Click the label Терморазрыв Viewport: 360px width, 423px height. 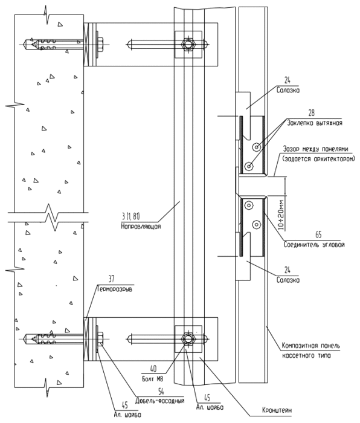click(x=115, y=289)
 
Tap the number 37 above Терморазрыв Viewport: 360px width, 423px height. click(x=112, y=279)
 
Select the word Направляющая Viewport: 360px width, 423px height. click(x=141, y=227)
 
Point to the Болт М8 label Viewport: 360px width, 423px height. click(x=153, y=379)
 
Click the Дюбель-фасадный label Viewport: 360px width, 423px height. click(x=160, y=400)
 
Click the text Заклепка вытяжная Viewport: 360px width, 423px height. click(x=315, y=123)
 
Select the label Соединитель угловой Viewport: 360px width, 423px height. click(x=314, y=244)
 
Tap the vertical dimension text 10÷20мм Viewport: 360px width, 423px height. click(x=281, y=215)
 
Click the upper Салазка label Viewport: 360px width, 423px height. click(x=288, y=90)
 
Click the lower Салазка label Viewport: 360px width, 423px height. click(x=288, y=280)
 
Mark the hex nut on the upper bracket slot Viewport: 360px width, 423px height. click(x=188, y=44)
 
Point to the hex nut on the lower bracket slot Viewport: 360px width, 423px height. click(x=188, y=338)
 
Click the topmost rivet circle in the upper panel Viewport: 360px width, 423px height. click(x=256, y=147)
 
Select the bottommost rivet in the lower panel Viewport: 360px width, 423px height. click(x=256, y=224)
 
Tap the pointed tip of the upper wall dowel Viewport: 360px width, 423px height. click(x=24, y=44)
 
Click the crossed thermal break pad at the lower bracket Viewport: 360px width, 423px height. click(x=86, y=339)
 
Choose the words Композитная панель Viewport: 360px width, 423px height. click(x=311, y=346)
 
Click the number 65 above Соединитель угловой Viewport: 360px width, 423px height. click(x=318, y=234)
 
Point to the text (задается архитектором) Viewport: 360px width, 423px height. click(x=319, y=159)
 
